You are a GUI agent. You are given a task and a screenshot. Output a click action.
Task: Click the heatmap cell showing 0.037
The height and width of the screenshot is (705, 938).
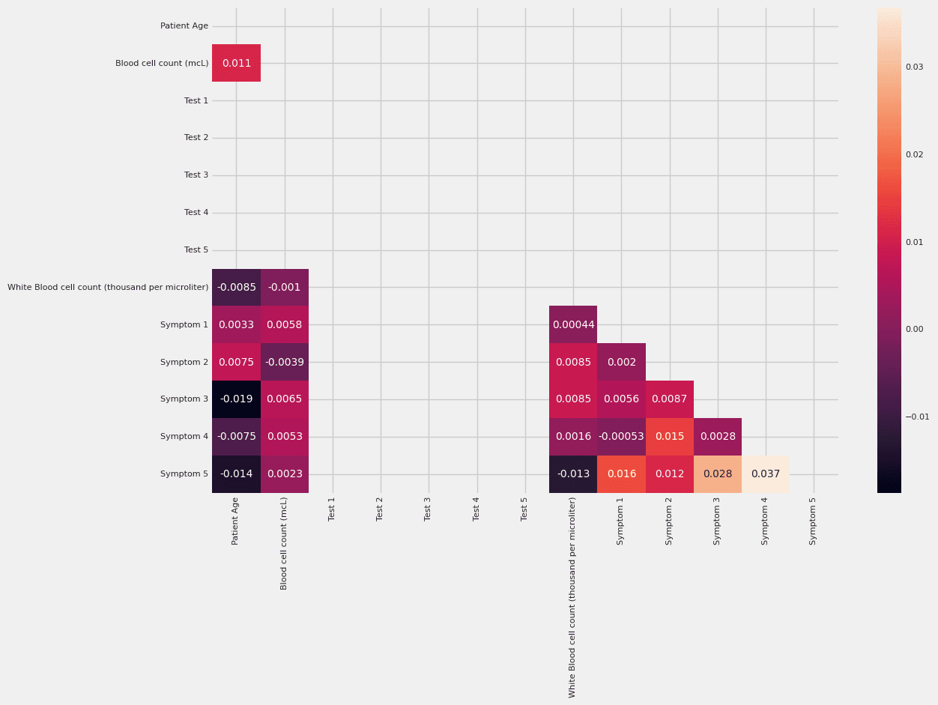click(x=765, y=474)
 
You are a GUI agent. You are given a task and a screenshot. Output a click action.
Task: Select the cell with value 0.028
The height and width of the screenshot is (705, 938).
click(x=717, y=474)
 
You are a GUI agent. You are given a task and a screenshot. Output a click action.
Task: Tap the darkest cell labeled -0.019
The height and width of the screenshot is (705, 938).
click(x=236, y=399)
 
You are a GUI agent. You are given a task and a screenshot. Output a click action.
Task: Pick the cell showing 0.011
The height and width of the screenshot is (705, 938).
click(x=236, y=63)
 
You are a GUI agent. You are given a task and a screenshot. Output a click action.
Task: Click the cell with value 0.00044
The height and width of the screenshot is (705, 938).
click(x=573, y=324)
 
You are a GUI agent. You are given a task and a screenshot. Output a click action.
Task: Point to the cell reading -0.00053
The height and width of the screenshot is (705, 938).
click(x=621, y=437)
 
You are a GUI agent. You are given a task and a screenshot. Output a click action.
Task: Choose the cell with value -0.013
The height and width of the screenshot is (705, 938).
click(x=573, y=474)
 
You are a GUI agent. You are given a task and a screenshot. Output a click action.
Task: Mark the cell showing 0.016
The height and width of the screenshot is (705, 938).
click(x=621, y=474)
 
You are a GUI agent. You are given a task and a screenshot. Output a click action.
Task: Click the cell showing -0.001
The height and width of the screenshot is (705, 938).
click(x=284, y=287)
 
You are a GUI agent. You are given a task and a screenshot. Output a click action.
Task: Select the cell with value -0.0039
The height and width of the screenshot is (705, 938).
click(x=284, y=362)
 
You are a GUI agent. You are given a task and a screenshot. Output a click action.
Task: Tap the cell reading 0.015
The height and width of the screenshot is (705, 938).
click(x=669, y=437)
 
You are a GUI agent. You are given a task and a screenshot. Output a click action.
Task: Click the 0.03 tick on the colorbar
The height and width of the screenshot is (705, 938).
click(x=914, y=67)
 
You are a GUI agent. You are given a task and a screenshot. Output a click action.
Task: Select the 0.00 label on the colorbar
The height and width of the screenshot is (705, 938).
click(x=914, y=330)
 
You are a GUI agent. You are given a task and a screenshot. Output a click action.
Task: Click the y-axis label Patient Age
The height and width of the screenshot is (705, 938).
click(x=184, y=26)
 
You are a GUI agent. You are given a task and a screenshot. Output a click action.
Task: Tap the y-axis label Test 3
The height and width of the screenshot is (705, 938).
click(x=196, y=175)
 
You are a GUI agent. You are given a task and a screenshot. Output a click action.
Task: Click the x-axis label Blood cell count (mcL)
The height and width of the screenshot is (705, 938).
click(x=284, y=543)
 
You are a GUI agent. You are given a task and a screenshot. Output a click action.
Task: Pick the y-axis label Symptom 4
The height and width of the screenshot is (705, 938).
click(x=184, y=437)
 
